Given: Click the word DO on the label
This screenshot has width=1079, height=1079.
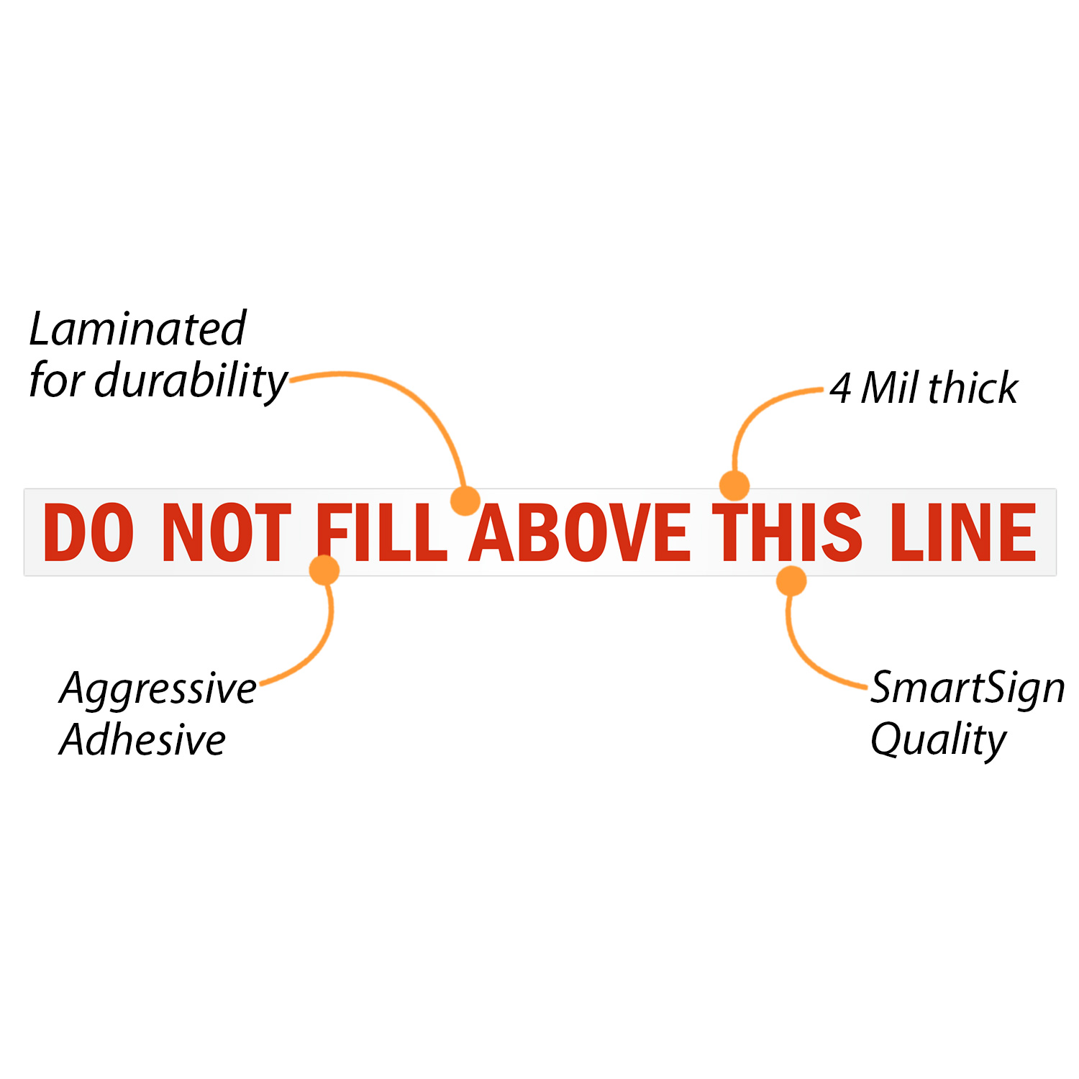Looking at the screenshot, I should pos(88,532).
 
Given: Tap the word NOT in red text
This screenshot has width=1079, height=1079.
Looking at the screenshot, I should pos(227,532).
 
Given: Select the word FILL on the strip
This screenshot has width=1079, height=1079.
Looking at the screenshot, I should pos(382,532).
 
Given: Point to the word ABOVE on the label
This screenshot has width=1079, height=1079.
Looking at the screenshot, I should pos(580,532).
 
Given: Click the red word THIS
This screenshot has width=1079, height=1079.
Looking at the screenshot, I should pos(787,532).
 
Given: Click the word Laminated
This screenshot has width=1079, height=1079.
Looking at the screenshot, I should pos(137,329).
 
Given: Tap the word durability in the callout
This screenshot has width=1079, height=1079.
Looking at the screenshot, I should pos(191,381).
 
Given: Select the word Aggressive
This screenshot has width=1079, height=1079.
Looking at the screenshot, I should pos(158,689).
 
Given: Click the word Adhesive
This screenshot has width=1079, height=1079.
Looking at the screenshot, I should pos(142,739).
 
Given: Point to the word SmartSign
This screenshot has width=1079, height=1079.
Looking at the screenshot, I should pos(968,688).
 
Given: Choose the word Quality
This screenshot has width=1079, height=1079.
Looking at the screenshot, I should pos(938,739).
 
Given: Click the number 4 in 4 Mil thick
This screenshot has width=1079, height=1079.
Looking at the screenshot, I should pos(840,388).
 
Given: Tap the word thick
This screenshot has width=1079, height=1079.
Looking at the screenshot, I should pos(973,388).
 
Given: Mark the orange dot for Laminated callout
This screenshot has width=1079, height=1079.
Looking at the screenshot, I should pos(465,500).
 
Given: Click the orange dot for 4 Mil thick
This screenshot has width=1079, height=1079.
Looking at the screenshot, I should pos(734,486).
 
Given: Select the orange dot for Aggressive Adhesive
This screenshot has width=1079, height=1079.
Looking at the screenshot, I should pos(324,570).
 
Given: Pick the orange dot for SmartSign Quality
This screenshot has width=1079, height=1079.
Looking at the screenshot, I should pos(791,581).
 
